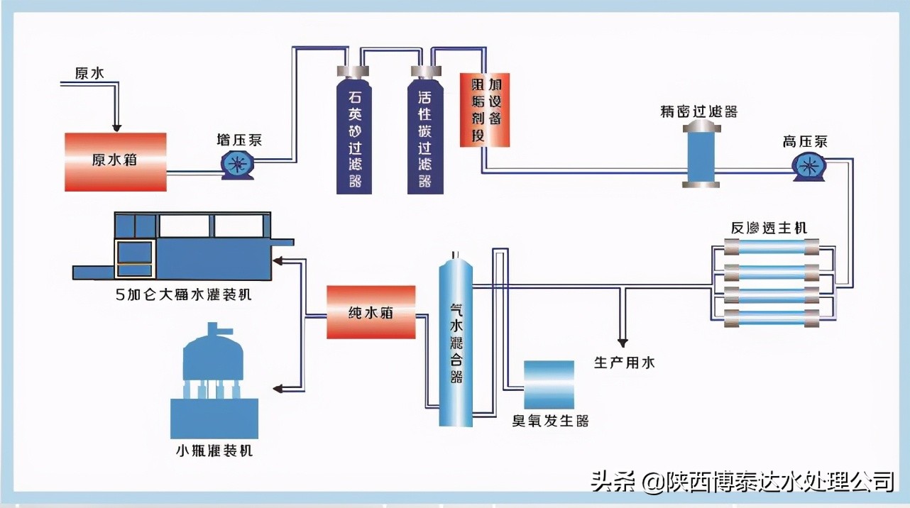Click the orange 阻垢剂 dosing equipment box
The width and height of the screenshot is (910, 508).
click(x=485, y=110)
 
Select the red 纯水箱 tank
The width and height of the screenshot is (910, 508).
click(x=371, y=312)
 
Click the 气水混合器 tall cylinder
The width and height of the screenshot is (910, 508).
click(x=455, y=341)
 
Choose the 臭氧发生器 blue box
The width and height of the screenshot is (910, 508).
click(x=549, y=385)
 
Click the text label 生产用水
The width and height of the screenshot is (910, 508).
click(x=624, y=363)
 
